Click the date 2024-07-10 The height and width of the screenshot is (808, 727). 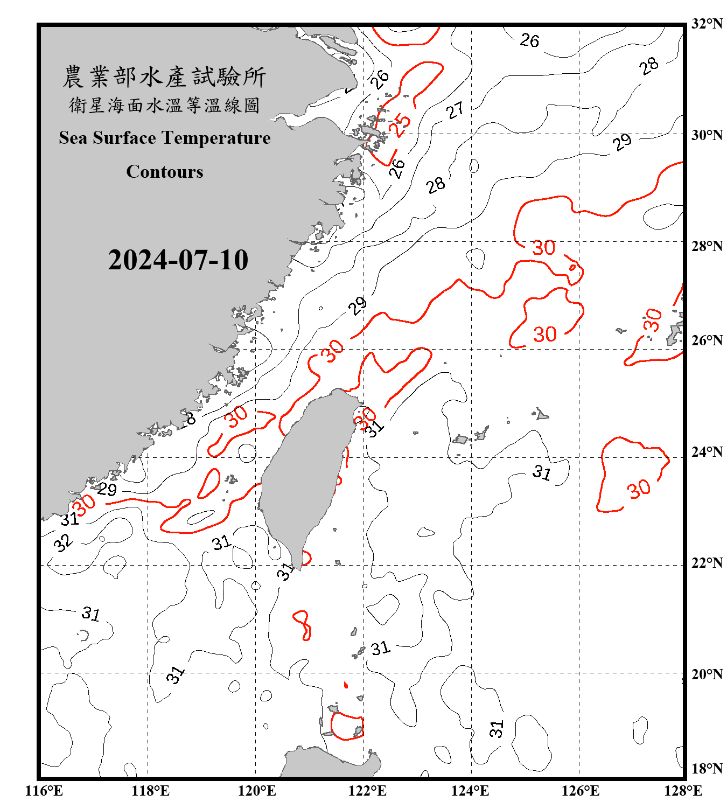tap(178, 260)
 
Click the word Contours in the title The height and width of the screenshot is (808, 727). tap(165, 172)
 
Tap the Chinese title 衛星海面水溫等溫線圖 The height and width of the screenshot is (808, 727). tap(164, 105)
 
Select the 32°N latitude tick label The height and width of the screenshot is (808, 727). tap(707, 24)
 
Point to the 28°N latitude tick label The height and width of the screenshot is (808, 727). tap(707, 246)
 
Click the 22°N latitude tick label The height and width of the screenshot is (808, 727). tap(707, 563)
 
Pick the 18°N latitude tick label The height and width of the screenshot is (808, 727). tap(707, 769)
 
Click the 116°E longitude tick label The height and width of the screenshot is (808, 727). tap(44, 791)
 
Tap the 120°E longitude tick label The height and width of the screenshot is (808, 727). tap(257, 791)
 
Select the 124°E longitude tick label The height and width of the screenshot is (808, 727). tap(470, 791)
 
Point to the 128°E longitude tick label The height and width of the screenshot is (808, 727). tap(683, 791)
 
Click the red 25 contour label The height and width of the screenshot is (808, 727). tap(400, 124)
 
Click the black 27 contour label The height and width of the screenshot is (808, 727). tap(455, 110)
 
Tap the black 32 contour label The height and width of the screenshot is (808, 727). tap(63, 542)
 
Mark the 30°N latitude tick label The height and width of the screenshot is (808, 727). tap(707, 135)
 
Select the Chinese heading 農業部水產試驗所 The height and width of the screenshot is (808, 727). tap(164, 77)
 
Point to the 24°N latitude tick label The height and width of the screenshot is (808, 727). tap(707, 452)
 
